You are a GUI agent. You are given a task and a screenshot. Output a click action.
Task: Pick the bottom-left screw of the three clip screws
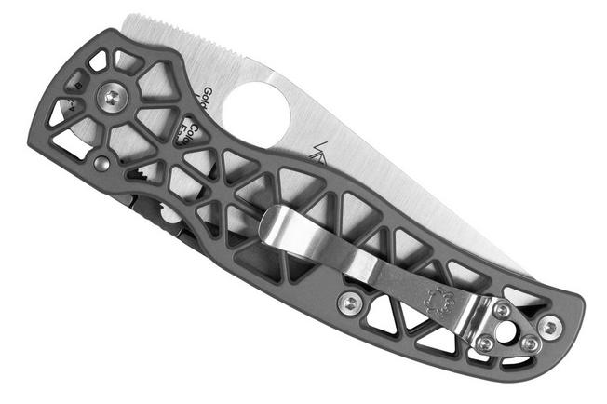point(484,343)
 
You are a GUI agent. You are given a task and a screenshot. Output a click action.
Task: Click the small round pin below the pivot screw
point(101,164)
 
